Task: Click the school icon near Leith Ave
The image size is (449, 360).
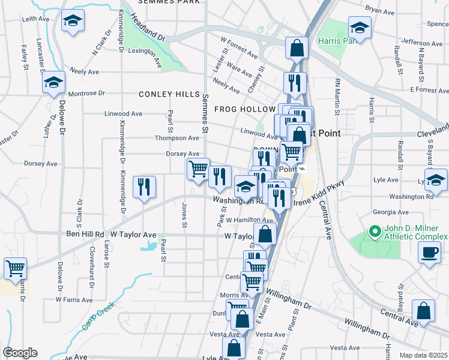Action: coord(73,22)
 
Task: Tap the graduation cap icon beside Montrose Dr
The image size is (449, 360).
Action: coord(53,83)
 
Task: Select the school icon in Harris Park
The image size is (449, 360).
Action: coord(360,28)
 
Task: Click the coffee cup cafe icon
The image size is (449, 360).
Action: coord(429,252)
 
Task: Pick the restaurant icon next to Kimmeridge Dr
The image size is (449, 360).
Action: coord(144,187)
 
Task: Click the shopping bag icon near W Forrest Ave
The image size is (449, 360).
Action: coord(297,49)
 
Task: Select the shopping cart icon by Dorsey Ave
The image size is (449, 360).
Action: coord(197,169)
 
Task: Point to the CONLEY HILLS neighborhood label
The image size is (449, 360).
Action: coord(169,95)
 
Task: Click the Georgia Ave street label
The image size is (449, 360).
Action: coord(390,212)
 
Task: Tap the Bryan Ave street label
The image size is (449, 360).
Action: coord(382,10)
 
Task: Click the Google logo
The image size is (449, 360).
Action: coord(20,353)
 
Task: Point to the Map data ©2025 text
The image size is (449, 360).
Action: coord(423,355)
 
